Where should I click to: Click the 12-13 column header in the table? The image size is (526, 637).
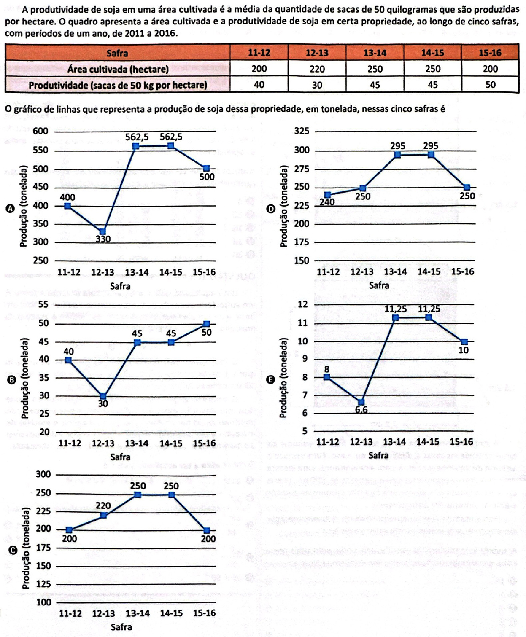(x=317, y=53)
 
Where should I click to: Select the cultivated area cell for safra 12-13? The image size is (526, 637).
(x=317, y=69)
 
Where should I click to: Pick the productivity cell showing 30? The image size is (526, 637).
(x=317, y=85)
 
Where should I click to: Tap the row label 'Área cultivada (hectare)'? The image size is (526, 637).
(x=118, y=69)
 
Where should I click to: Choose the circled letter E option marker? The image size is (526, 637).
(x=272, y=379)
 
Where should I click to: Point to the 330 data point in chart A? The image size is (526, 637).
(x=103, y=231)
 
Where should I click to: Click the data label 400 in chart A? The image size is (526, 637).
(x=67, y=197)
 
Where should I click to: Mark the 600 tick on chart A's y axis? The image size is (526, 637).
(x=41, y=131)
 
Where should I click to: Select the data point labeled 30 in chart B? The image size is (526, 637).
(x=103, y=396)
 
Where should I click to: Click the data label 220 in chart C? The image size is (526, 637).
(x=103, y=505)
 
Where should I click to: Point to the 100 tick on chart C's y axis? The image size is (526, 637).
(x=43, y=602)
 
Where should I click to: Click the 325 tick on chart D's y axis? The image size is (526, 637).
(x=302, y=131)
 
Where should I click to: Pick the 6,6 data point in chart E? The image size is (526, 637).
(x=361, y=402)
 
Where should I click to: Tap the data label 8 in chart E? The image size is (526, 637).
(x=326, y=369)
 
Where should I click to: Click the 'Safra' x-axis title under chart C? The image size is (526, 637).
(x=121, y=627)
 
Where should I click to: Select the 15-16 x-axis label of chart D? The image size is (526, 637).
(x=463, y=272)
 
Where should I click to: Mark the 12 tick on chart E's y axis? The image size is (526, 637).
(x=303, y=304)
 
